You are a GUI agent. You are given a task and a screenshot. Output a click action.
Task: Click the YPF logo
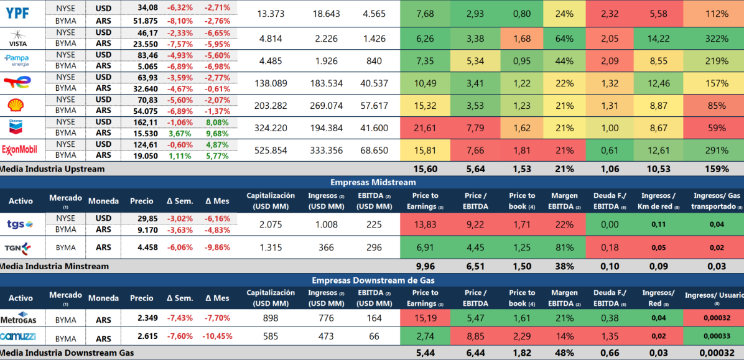point(17,14)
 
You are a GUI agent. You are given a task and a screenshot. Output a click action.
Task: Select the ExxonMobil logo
point(21,150)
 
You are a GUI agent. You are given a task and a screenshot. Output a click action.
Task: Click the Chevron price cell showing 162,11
point(142,122)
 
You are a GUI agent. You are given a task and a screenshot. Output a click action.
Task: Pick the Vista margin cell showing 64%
point(564,39)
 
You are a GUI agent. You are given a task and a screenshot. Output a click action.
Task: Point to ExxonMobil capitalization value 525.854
point(271,150)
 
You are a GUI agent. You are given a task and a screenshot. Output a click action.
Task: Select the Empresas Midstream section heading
point(373,182)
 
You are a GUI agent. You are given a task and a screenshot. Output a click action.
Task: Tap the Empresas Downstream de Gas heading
point(373,280)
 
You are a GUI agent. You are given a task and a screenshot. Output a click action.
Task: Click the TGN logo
point(18,247)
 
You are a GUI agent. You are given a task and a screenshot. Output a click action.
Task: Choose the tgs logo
point(19,224)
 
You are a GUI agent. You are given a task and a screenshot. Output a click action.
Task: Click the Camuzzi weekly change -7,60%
point(180,336)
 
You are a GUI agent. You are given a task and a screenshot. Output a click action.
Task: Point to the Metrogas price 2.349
point(142,318)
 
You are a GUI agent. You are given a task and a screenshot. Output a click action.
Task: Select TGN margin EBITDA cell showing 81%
point(564,247)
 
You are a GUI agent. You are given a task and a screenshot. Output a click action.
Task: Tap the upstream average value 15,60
point(425,168)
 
